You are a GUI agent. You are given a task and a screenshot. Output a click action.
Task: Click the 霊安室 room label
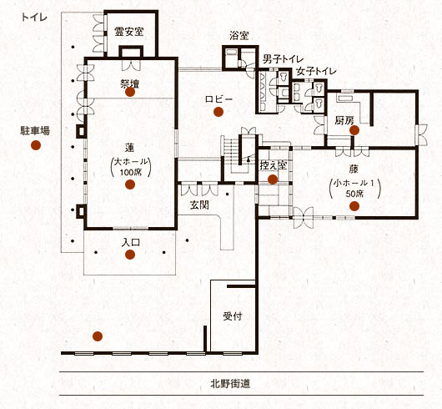coord(128,32)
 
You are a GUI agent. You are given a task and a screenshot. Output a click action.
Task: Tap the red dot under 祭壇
coord(130,92)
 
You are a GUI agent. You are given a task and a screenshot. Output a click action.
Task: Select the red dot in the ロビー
coord(218,112)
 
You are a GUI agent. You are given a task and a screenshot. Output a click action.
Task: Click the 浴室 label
coord(239,36)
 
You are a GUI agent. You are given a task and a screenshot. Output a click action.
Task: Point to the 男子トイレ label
coord(283,59)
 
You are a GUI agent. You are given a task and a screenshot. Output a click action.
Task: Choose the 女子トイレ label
coord(316,71)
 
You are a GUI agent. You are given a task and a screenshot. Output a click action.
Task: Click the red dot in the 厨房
coord(354,130)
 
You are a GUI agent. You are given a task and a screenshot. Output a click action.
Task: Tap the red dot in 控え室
coord(273,179)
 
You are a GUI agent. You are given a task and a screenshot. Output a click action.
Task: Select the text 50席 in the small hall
coord(354,194)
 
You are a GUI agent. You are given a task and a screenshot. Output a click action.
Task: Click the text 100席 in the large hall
coord(130,172)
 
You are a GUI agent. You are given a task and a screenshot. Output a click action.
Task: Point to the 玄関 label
coord(199,205)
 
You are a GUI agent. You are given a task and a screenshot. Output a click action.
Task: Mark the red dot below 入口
coord(130,255)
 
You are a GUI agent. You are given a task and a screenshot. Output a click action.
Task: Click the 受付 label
coord(233,316)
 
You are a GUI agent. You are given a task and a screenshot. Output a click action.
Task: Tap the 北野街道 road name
coord(230,384)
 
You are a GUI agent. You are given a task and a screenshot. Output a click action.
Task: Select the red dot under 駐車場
coord(36,145)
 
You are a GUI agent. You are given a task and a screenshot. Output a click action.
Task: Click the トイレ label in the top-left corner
coord(34,18)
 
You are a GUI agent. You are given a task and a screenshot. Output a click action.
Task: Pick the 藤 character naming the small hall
coord(354,169)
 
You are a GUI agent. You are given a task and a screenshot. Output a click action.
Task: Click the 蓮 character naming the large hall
coord(129,148)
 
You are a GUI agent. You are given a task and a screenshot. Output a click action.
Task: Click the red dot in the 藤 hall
coord(354,206)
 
